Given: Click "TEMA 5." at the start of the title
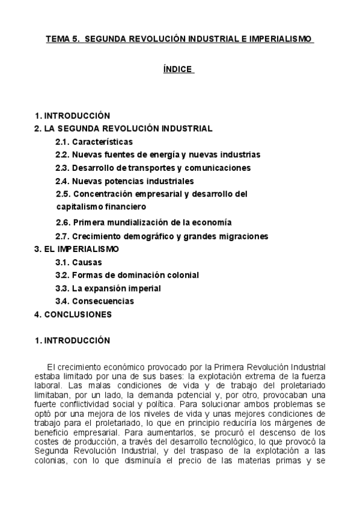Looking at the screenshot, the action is [62, 39].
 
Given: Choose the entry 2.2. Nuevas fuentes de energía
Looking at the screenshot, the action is [158, 155].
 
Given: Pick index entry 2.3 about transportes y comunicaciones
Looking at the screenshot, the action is [153, 168].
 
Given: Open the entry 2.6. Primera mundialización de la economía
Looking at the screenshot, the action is [144, 222].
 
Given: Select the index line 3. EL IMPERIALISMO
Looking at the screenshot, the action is [76, 248].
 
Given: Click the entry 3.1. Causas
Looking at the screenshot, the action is [79, 262].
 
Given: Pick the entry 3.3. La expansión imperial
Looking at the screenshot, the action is [108, 288].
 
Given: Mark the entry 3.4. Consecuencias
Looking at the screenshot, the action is [95, 301].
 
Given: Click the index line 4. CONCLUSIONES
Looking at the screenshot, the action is [73, 314].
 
